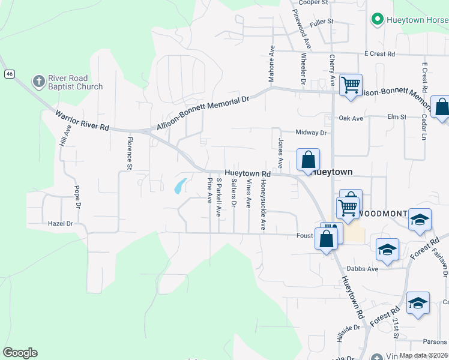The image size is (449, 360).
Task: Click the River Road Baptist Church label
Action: pyautogui.click(x=76, y=82)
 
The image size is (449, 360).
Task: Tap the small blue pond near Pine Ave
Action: pyautogui.click(x=179, y=187)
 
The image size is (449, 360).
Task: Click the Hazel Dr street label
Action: pyautogui.click(x=60, y=223)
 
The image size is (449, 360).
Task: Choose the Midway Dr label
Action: pyautogui.click(x=310, y=132)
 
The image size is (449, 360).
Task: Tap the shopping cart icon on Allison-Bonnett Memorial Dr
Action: pyautogui.click(x=351, y=84)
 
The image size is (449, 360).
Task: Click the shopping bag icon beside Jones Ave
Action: pyautogui.click(x=308, y=161)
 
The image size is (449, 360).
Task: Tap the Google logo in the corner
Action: pyautogui.click(x=20, y=353)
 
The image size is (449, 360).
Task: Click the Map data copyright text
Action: pyautogui.click(x=423, y=355)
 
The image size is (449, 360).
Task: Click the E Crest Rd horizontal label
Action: pyautogui.click(x=379, y=54)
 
